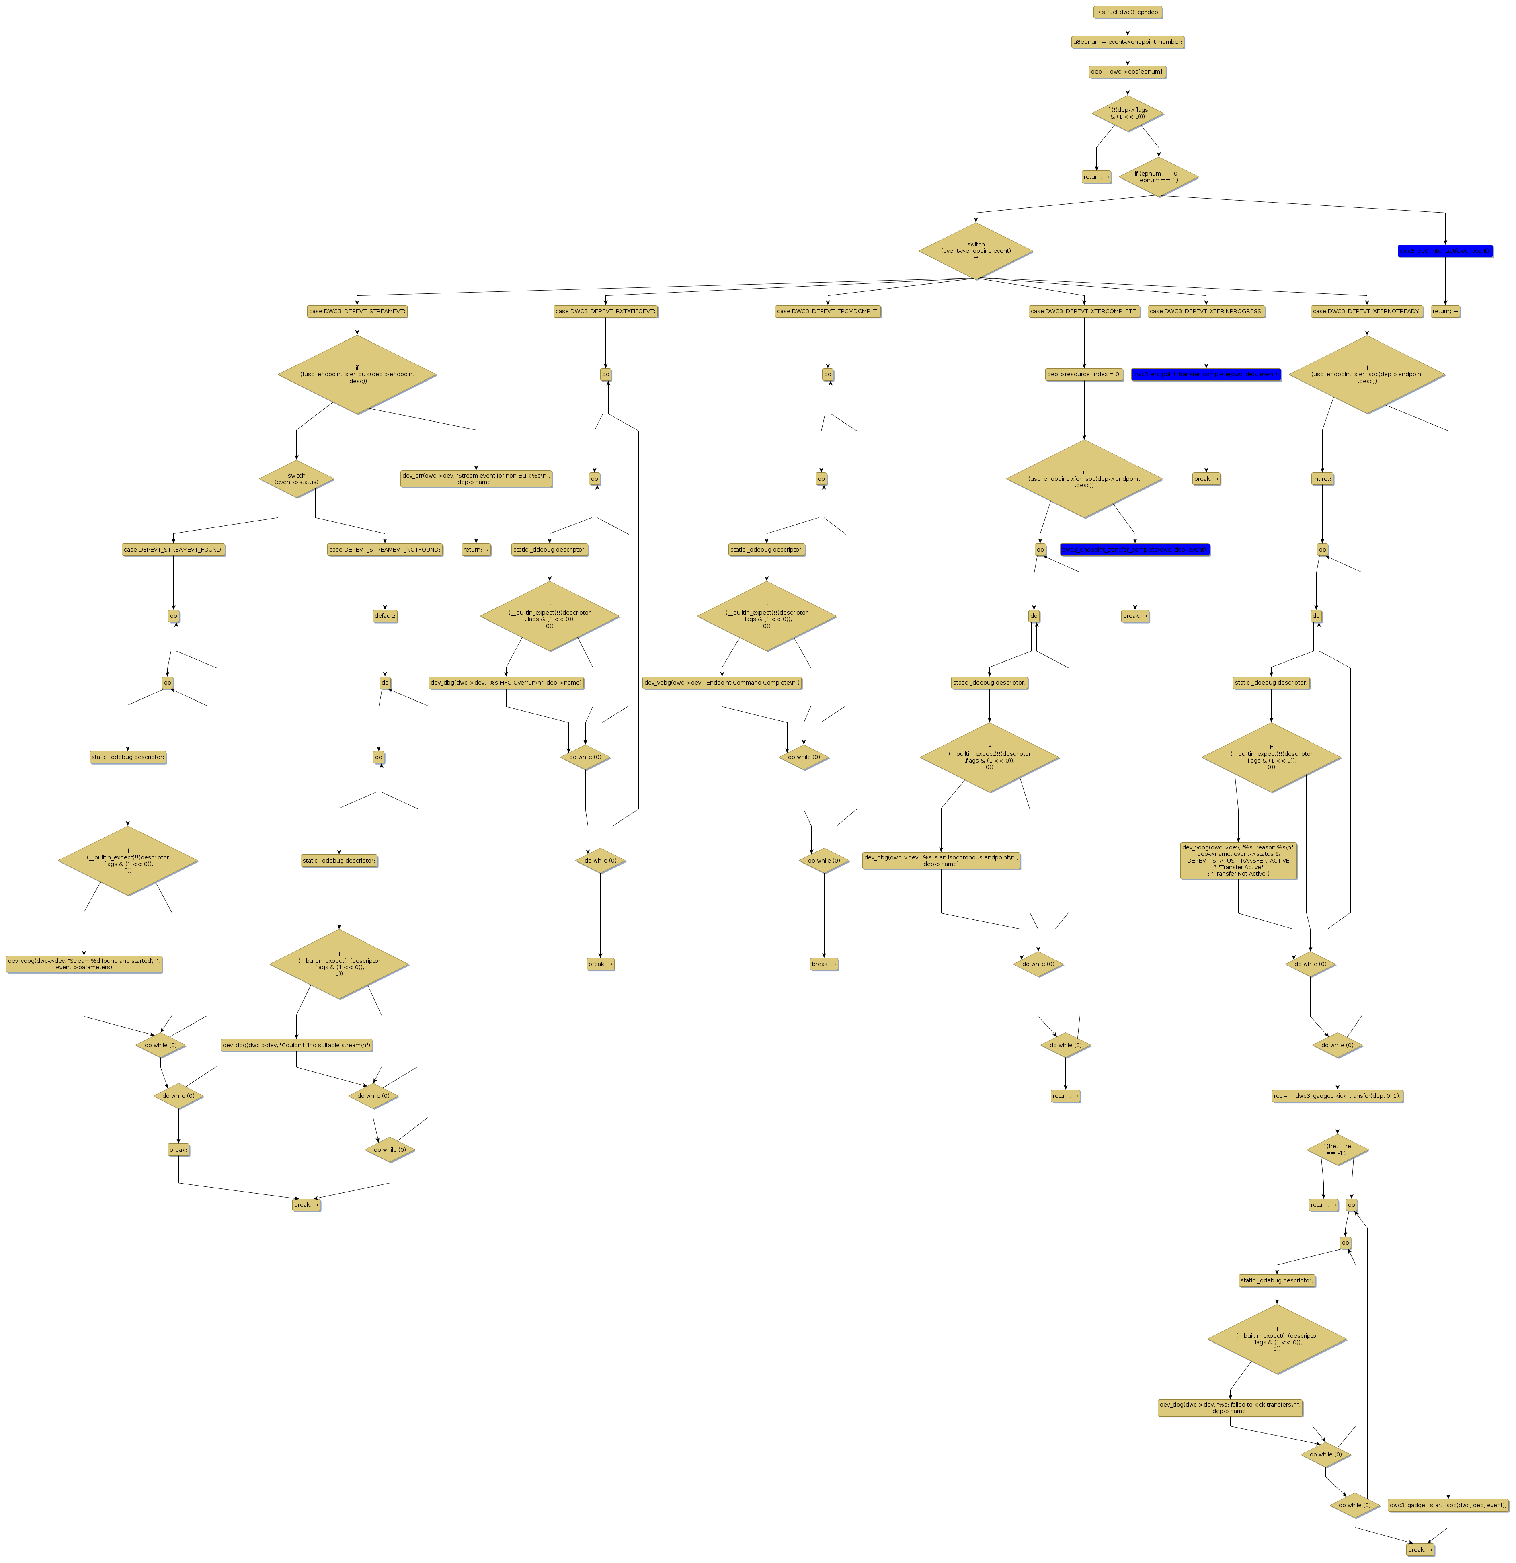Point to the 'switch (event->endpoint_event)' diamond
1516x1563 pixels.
tap(975, 250)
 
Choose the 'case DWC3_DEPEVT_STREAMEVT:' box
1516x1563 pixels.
tap(357, 311)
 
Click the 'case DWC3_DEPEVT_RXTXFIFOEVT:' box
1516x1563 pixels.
tap(605, 311)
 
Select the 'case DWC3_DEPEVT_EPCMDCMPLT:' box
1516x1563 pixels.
tap(828, 311)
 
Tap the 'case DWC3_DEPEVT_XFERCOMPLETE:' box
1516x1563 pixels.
tap(1084, 311)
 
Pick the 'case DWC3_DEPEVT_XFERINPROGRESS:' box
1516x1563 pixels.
tap(1206, 311)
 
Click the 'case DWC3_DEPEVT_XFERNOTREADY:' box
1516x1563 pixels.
tap(1367, 311)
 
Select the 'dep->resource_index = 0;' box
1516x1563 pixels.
tap(1084, 374)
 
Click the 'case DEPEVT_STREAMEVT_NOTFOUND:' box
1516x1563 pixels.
tap(384, 550)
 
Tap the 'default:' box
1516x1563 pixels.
tap(384, 615)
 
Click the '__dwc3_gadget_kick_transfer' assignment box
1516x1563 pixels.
tap(1338, 1096)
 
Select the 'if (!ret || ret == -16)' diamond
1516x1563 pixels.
tap(1338, 1150)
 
